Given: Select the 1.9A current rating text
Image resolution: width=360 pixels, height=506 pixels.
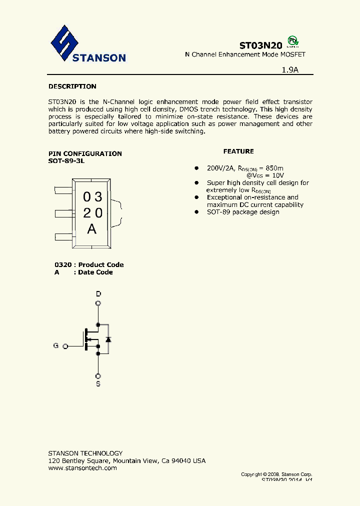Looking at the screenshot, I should tap(290, 70).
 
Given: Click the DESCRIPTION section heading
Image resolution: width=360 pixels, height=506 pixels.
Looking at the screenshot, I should tap(72, 86).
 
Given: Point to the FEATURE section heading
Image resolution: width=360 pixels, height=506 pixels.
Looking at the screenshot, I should tap(238, 151).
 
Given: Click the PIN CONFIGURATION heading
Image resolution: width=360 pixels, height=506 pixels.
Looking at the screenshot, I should tap(85, 153).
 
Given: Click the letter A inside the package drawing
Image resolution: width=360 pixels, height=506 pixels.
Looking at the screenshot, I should tap(92, 229).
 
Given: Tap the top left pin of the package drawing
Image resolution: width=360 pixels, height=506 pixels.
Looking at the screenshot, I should tap(63, 189).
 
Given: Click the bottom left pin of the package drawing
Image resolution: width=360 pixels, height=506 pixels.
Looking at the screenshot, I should tap(63, 236).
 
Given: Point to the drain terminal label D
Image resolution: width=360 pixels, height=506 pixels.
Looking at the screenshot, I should tap(98, 294).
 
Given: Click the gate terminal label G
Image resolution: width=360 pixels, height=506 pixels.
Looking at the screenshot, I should tap(56, 345).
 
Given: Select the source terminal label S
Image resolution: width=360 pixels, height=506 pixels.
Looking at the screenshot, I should tap(98, 384).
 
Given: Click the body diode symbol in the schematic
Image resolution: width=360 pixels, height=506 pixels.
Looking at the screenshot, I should tap(107, 339).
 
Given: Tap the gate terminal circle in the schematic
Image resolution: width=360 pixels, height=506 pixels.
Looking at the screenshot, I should tap(65, 345).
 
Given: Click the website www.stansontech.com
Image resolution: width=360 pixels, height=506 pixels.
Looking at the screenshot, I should tap(82, 468).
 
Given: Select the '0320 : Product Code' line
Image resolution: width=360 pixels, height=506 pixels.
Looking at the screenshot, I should tap(89, 264).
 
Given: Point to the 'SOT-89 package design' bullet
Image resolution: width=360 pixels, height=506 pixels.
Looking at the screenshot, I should tap(243, 212).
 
